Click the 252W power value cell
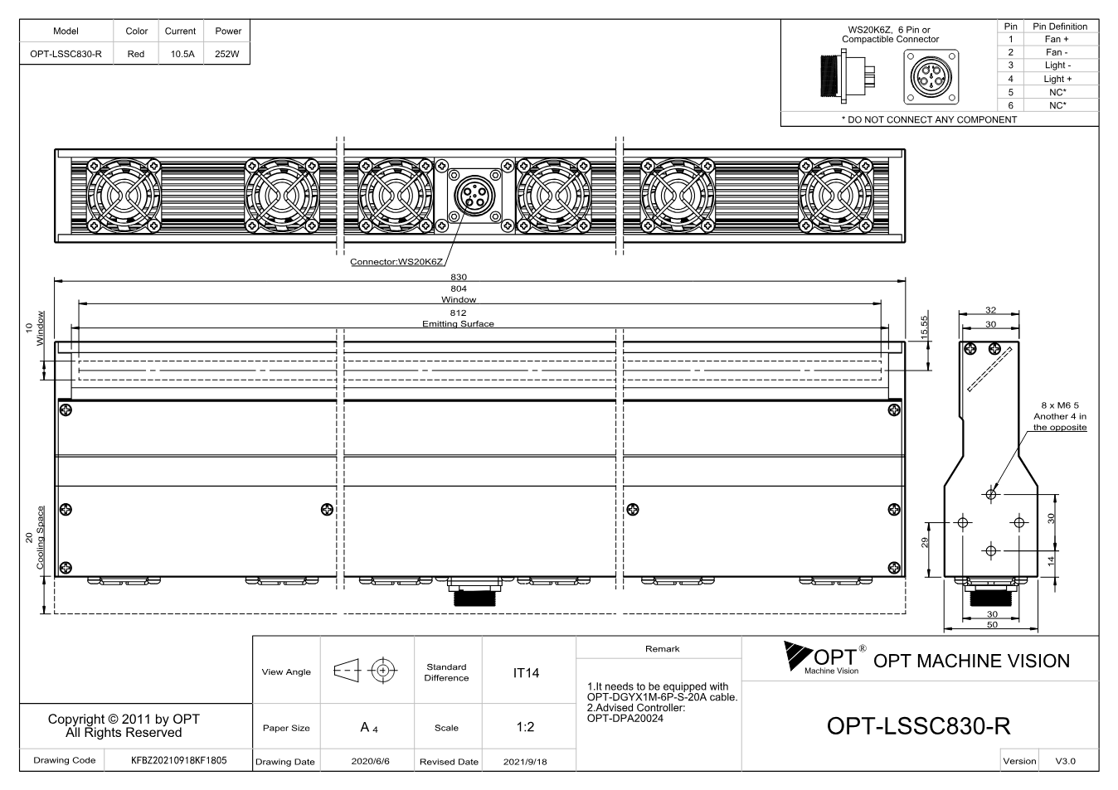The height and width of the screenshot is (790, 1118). click(x=226, y=54)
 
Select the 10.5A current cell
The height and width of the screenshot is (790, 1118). click(x=182, y=54)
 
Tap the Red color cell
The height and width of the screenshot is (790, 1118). click(x=136, y=54)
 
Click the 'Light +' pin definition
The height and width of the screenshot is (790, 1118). click(x=1057, y=79)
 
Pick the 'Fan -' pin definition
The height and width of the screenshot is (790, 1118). click(x=1057, y=52)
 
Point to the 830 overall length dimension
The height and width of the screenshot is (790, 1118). click(x=459, y=277)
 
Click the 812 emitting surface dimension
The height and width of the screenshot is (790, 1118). click(x=458, y=313)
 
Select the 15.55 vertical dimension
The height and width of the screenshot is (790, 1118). click(x=925, y=327)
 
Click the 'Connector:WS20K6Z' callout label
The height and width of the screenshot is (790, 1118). click(x=396, y=262)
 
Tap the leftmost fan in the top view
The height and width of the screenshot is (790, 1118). click(x=124, y=196)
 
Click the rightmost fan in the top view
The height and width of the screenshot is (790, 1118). click(x=836, y=196)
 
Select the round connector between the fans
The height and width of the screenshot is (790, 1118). click(x=474, y=196)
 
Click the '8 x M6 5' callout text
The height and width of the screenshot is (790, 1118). click(x=1060, y=405)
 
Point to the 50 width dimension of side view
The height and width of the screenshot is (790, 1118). click(x=992, y=624)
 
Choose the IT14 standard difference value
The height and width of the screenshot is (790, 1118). click(x=526, y=673)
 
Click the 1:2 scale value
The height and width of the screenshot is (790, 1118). click(x=525, y=727)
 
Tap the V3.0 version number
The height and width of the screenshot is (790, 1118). click(x=1065, y=761)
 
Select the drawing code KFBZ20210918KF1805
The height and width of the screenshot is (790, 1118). click(x=178, y=760)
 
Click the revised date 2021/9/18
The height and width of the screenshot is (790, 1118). click(x=525, y=762)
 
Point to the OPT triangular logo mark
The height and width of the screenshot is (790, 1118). click(x=795, y=654)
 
